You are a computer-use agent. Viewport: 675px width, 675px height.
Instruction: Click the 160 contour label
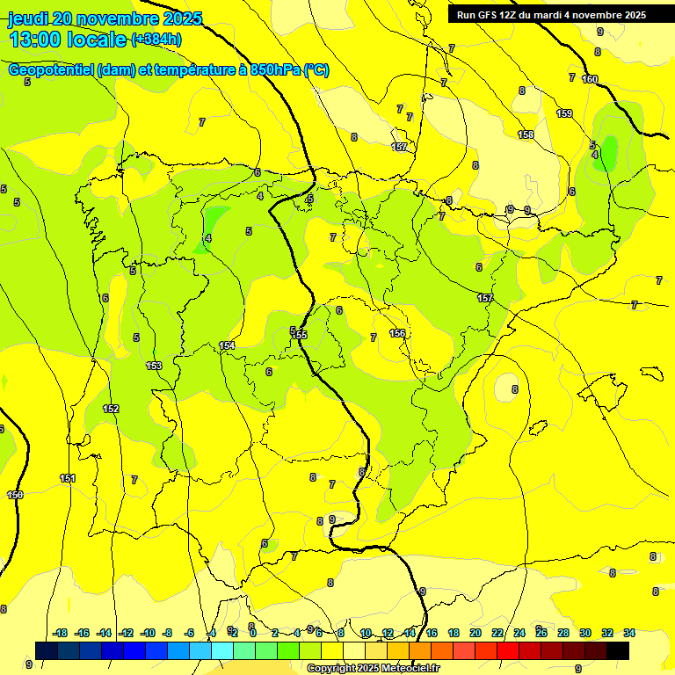(590, 80)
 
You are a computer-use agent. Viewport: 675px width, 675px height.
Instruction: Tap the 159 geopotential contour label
(564, 113)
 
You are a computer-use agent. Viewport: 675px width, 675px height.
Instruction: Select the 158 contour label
(526, 134)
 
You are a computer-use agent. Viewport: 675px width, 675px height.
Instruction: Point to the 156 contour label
(398, 333)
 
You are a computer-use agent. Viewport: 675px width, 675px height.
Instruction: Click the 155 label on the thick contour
(300, 335)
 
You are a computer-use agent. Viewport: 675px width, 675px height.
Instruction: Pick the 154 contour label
(228, 346)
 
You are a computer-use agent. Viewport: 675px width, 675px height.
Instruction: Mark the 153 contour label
(154, 366)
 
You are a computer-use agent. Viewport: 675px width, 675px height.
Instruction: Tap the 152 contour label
(111, 409)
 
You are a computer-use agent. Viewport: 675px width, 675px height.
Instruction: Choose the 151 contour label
(68, 478)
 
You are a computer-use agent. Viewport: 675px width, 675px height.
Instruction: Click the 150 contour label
(15, 496)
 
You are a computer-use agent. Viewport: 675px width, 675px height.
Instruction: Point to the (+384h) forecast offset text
(156, 40)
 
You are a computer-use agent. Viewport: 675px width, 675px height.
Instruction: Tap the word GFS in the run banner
(497, 15)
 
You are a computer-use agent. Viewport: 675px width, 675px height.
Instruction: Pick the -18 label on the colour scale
(60, 633)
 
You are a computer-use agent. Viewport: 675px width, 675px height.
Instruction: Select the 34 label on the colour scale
(628, 633)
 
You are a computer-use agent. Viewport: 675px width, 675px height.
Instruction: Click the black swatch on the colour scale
(618, 650)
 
